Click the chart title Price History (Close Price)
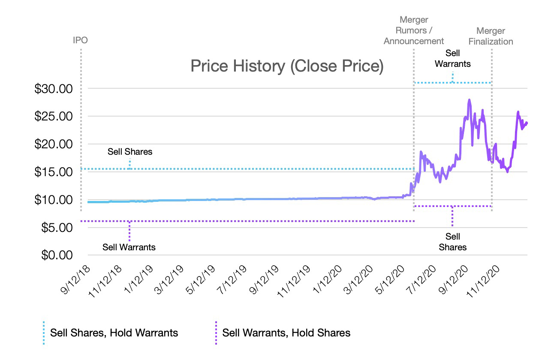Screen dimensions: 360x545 point(286,67)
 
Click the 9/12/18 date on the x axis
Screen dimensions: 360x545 point(76,279)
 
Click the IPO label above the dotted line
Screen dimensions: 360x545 point(80,40)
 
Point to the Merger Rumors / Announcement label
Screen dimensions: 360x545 point(414,30)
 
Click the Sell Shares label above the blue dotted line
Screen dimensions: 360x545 point(129,152)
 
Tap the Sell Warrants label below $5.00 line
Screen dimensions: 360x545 point(129,247)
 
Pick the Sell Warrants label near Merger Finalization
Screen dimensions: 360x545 point(453,58)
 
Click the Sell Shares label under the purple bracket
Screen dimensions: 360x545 point(453,242)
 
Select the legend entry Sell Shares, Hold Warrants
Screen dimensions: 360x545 point(114,333)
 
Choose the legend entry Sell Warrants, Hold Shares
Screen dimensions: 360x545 point(286,333)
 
